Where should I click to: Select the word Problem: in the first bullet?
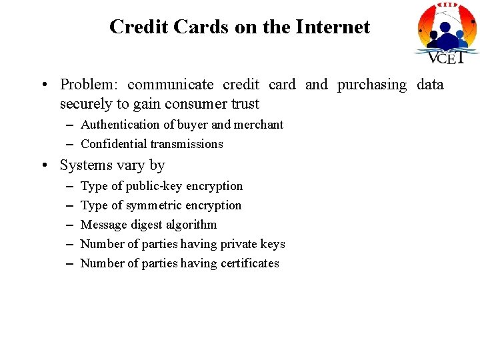coord(89,85)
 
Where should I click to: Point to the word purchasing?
coord(372,85)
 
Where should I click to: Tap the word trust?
coord(243,104)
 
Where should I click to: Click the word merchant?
coord(259,125)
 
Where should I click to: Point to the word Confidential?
coord(113,144)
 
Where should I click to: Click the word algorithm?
coord(193,225)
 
